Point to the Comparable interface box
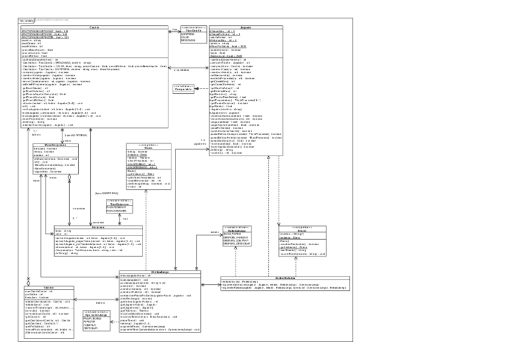coord(184,90)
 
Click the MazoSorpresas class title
coord(55,145)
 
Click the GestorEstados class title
coord(283,277)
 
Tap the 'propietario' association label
coord(182,70)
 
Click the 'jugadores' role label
coord(201,144)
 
